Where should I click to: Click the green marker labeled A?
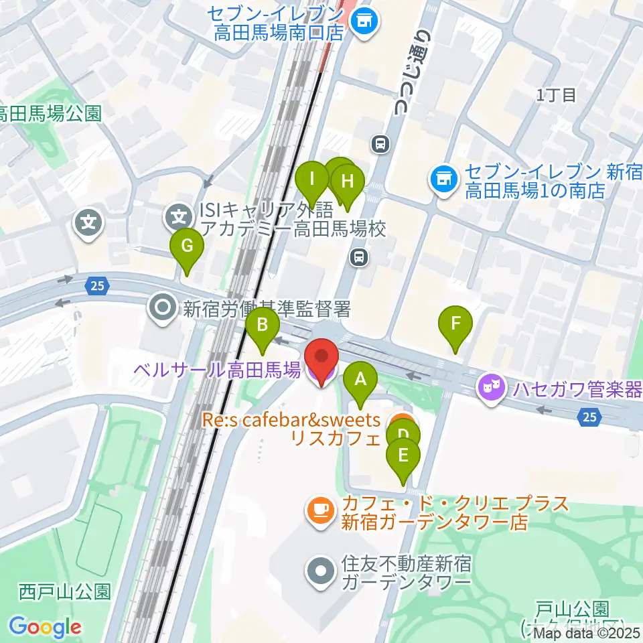click(360, 381)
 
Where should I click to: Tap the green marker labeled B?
click(263, 326)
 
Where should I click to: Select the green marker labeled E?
click(403, 457)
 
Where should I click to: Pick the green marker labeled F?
click(455, 324)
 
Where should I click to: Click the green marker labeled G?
click(187, 247)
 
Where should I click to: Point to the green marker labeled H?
click(347, 182)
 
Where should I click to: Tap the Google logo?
click(45, 627)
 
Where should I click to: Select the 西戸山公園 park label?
click(64, 592)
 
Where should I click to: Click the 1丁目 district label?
click(556, 95)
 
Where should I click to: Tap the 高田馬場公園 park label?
click(50, 113)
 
